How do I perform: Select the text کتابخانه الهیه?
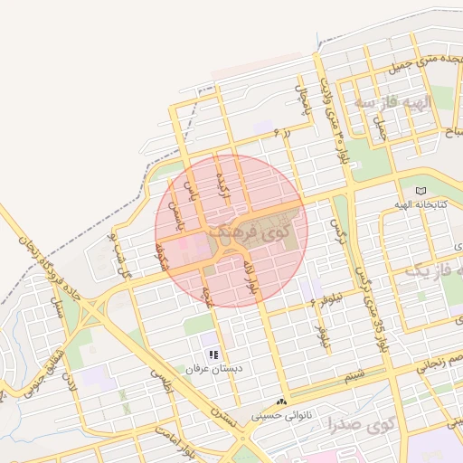[407, 204]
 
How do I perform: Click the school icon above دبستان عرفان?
[213, 354]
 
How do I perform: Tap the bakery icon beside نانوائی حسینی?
[282, 401]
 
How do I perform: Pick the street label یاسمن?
[178, 225]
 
